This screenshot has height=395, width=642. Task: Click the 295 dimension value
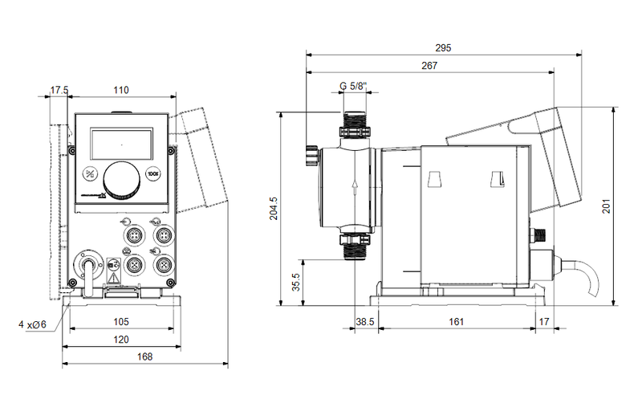[443, 48]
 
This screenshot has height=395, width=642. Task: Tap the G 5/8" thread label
[353, 87]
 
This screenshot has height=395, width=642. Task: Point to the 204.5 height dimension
[273, 208]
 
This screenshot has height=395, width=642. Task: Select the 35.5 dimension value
[295, 283]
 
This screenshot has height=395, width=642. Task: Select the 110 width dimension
[120, 90]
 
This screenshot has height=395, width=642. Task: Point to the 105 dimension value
[120, 322]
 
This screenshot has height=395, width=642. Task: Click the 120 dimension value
[120, 340]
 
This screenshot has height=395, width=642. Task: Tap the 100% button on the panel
[153, 172]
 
